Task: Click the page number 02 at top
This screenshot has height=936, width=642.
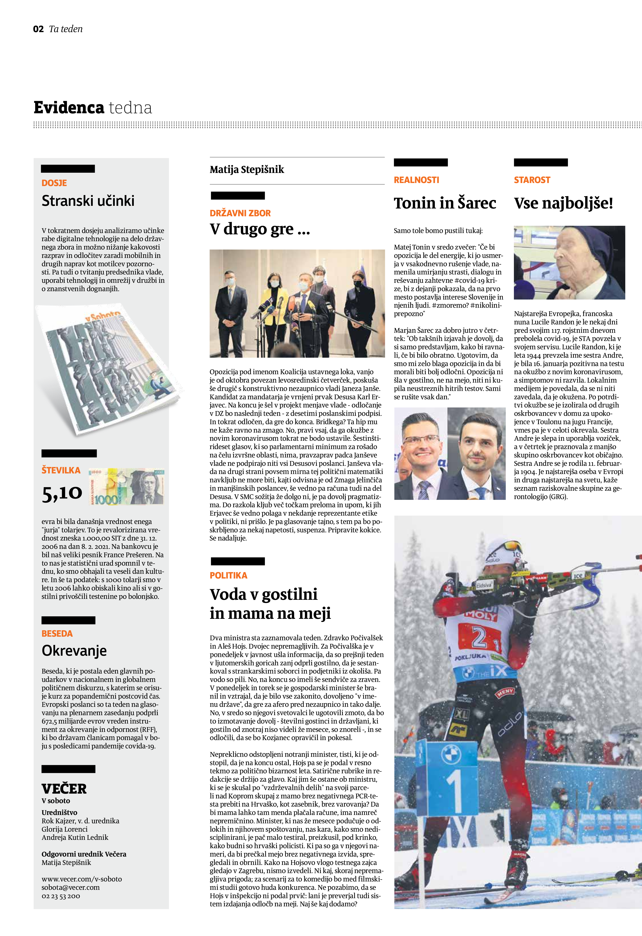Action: pos(38,29)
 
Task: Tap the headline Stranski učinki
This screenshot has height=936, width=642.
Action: pos(88,201)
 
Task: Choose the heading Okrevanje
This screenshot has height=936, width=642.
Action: pos(74,651)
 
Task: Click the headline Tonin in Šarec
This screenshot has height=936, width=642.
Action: pos(445,203)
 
